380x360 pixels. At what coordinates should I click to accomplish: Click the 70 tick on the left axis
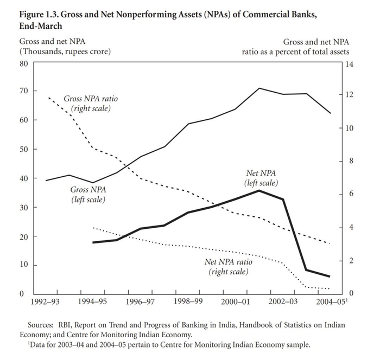(x=24, y=91)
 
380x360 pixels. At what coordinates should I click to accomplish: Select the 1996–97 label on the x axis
(x=140, y=301)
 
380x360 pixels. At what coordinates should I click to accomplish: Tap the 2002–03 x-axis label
(x=283, y=301)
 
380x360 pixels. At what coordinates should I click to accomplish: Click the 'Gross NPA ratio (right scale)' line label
(x=91, y=104)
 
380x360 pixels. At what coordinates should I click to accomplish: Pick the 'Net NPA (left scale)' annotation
(x=261, y=178)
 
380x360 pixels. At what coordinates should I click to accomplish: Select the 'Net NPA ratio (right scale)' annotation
(x=229, y=267)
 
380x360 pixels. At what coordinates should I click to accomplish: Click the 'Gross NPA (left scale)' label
(x=88, y=195)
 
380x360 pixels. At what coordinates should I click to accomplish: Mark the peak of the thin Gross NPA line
(x=259, y=88)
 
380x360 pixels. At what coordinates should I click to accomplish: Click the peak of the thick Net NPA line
(x=259, y=190)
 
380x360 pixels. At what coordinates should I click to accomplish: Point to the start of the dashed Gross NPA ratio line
(x=49, y=98)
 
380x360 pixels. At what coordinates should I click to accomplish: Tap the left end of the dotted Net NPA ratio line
(x=93, y=228)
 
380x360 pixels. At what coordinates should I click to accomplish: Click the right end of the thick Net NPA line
(x=330, y=276)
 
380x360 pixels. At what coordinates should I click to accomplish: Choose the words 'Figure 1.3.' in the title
(x=39, y=15)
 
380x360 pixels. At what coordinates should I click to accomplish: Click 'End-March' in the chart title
(x=41, y=26)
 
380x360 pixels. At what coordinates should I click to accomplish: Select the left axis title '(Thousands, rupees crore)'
(x=65, y=52)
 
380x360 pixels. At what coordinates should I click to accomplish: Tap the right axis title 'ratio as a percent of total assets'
(x=295, y=52)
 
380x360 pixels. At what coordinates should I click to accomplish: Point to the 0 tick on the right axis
(x=351, y=294)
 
